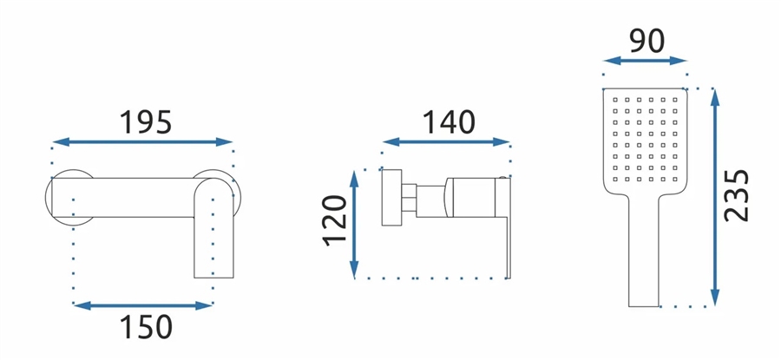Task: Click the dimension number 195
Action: [146, 122]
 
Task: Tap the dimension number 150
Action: [146, 327]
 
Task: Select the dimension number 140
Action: [449, 122]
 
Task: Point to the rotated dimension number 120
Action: [335, 220]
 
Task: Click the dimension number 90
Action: [646, 42]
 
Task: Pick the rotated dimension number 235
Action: [737, 196]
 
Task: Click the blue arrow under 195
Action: [142, 142]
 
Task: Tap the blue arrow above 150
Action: [143, 305]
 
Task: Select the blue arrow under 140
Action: [446, 142]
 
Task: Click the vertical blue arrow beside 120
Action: [354, 224]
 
